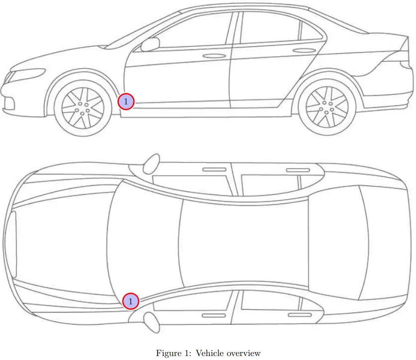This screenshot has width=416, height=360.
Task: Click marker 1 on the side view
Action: click(126, 101)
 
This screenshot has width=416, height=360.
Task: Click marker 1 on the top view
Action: click(130, 301)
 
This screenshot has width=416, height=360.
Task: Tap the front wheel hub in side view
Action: click(82, 107)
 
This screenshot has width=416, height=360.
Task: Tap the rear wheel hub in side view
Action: click(326, 106)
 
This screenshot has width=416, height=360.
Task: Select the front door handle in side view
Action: click(213, 56)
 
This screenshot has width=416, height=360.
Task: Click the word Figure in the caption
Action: click(169, 354)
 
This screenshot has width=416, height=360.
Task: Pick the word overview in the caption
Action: click(244, 354)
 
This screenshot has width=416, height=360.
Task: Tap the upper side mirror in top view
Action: click(151, 163)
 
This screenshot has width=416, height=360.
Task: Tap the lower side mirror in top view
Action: click(151, 321)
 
